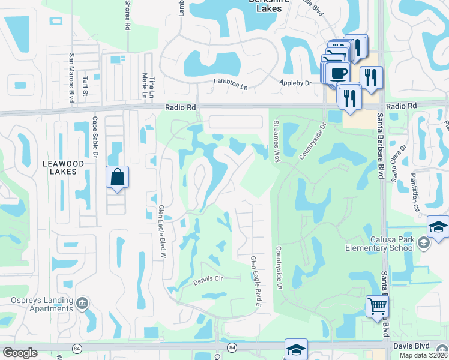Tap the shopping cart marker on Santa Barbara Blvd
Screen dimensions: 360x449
point(376,307)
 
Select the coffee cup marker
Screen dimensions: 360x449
point(339,73)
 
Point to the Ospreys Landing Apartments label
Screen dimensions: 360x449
point(37,304)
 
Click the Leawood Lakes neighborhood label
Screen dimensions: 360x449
point(59,167)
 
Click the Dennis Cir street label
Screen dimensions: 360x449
point(208,281)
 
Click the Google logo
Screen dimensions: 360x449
point(20,353)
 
